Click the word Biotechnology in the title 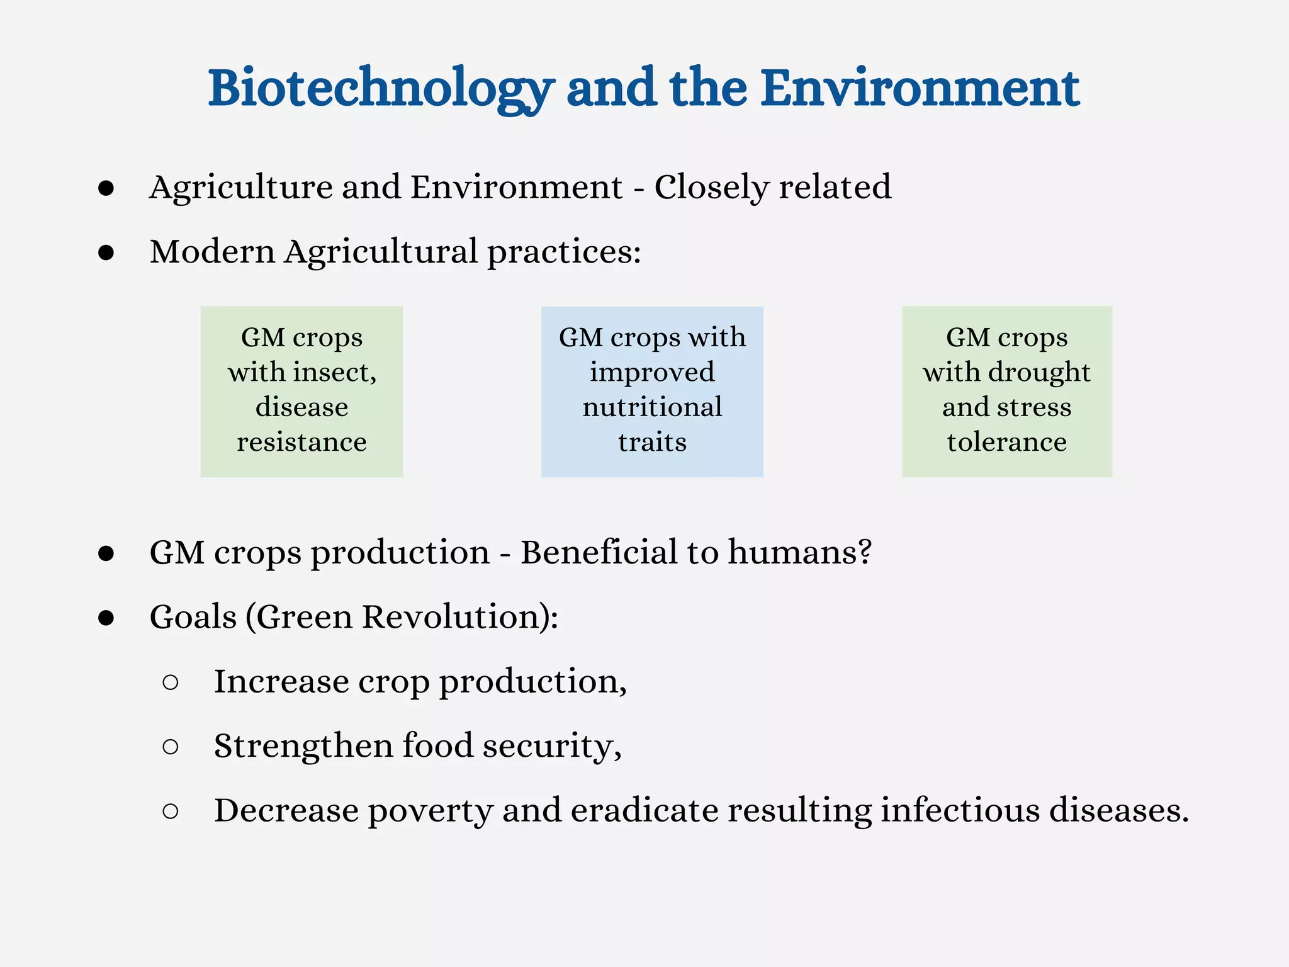[381, 88]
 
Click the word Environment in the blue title [920, 88]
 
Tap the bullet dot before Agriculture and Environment [106, 188]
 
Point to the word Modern [212, 252]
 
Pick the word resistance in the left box [301, 442]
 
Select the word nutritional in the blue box [652, 407]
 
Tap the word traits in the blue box [652, 442]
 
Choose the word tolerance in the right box [1006, 442]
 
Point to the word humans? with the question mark [799, 553]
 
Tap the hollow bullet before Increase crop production [170, 682]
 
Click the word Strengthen [303, 747]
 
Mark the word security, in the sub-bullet [552, 747]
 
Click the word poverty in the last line [430, 811]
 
